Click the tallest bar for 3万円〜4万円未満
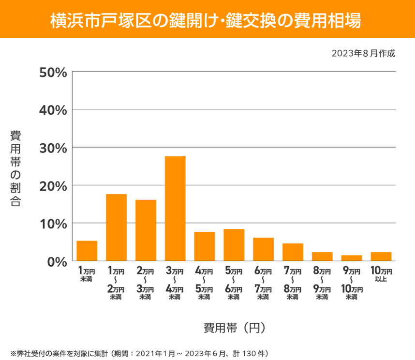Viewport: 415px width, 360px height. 175,209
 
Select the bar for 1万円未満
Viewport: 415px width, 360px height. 87,251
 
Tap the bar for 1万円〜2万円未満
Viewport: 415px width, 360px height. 116,227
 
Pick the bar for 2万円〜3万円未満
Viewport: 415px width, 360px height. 146,230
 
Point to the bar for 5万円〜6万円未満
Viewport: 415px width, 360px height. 234,245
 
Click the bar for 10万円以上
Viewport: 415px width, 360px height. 381,256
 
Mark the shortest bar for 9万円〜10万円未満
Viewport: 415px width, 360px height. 352,258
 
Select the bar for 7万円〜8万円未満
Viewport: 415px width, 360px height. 293,252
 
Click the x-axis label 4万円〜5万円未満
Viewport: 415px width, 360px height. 204,284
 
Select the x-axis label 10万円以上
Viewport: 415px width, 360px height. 381,274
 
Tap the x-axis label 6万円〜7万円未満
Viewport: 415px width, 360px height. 263,284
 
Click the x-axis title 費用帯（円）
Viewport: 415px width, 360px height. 234,328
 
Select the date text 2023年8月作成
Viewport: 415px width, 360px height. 363,54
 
